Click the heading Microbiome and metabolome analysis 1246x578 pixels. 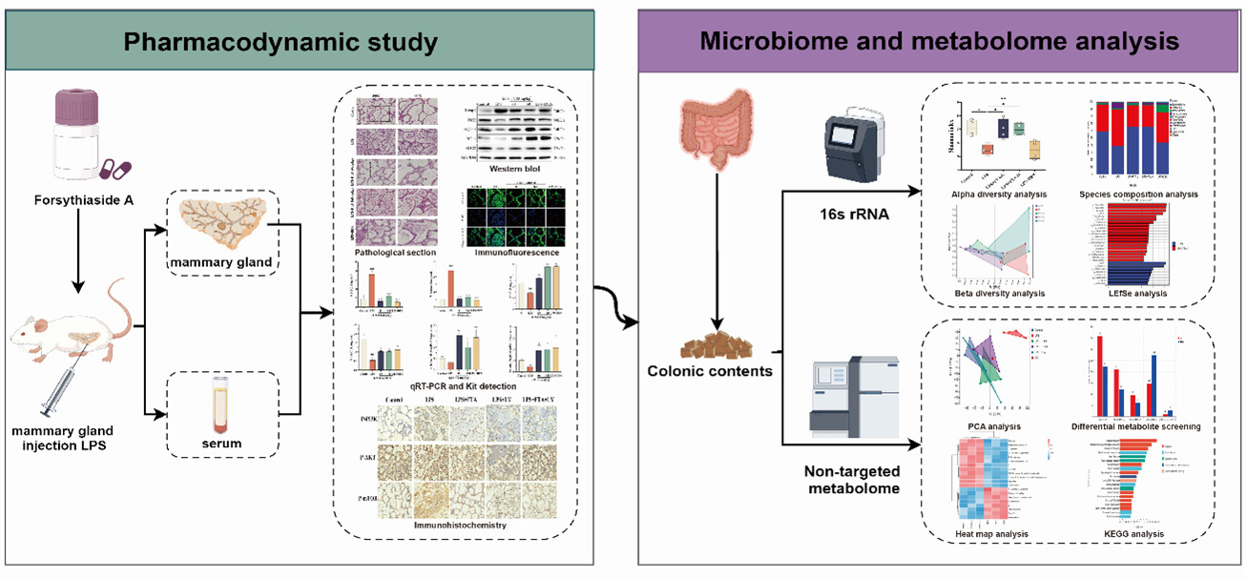click(939, 42)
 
